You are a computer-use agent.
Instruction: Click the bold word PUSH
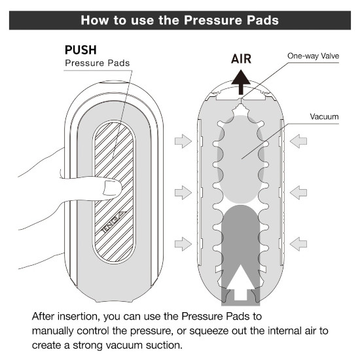[x=81, y=50]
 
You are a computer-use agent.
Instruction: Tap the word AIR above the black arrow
[x=241, y=59]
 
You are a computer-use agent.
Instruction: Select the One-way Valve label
[x=313, y=56]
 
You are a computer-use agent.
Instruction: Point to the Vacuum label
[x=324, y=117]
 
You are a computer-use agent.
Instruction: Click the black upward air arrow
[x=241, y=82]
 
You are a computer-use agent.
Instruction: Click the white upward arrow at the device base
[x=240, y=283]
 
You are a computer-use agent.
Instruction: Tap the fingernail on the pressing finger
[x=112, y=188]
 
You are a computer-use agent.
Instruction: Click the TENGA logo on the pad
[x=113, y=222]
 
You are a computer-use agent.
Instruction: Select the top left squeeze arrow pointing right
[x=183, y=141]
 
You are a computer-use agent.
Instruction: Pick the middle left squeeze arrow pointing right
[x=183, y=192]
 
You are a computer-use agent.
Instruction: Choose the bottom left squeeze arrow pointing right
[x=183, y=244]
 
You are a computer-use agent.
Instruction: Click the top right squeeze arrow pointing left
[x=298, y=141]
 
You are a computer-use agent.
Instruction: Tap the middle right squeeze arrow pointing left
[x=298, y=192]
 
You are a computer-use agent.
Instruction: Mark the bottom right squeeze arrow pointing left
[x=298, y=244]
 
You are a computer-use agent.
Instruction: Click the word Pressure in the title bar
[x=213, y=20]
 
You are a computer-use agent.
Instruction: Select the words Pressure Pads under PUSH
[x=98, y=63]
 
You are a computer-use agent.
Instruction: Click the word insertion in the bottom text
[x=79, y=316]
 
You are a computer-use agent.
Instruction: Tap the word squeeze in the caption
[x=209, y=331]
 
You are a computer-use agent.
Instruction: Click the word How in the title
[x=95, y=20]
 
